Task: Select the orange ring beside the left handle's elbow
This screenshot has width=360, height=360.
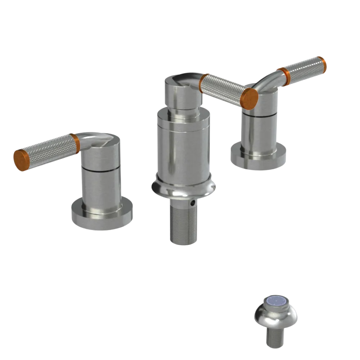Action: click(x=75, y=143)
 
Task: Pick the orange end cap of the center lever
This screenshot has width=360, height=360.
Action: click(x=249, y=98)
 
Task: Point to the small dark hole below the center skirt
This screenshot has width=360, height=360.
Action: click(x=194, y=204)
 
